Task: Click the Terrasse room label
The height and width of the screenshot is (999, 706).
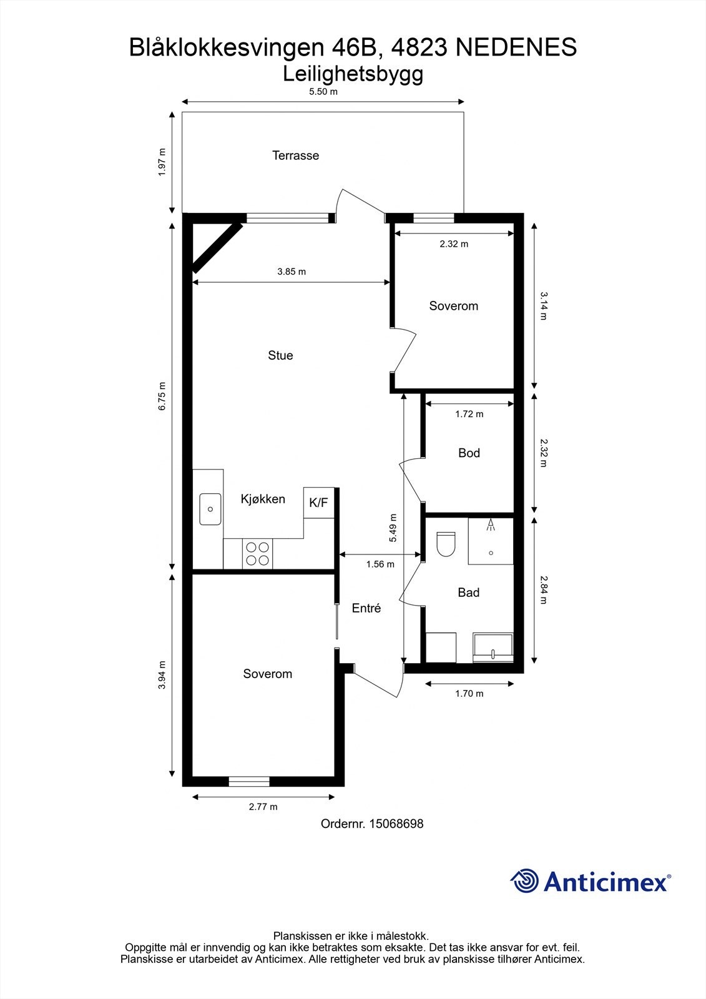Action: tap(295, 155)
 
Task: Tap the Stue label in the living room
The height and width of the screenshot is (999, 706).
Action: tap(280, 355)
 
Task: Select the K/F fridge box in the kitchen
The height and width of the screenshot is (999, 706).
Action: tap(318, 503)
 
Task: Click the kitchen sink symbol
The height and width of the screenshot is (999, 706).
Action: tap(210, 509)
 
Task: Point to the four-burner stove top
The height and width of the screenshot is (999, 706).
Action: tap(258, 554)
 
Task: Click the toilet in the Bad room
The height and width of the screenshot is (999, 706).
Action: tap(446, 544)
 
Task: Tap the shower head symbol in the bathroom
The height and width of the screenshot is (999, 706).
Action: tap(491, 524)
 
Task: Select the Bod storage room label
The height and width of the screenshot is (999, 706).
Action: tap(469, 453)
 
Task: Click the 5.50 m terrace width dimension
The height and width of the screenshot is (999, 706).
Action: tap(323, 92)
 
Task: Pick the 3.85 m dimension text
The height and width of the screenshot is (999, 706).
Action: tap(292, 272)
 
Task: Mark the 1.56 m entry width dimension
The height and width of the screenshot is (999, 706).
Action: tap(380, 564)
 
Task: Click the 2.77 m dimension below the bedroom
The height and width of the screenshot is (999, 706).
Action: tap(263, 807)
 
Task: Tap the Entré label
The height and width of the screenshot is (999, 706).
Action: tap(366, 608)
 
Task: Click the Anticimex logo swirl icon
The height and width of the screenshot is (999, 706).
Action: tap(524, 882)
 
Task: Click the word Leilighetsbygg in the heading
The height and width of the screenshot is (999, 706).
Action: tap(353, 74)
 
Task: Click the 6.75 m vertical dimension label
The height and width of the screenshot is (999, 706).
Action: tap(162, 396)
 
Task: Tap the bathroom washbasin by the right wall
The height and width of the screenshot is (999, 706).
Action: tap(493, 648)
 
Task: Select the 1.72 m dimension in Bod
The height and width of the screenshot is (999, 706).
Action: tap(469, 414)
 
